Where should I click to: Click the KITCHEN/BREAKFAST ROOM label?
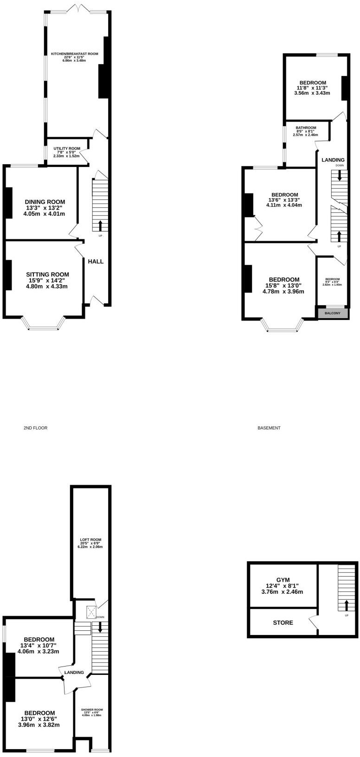(75, 54)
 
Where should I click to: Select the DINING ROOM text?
(45, 202)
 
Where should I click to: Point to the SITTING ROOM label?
(47, 274)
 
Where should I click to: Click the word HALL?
(96, 262)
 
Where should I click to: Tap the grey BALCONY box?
(333, 313)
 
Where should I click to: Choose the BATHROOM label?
(306, 128)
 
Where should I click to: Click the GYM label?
(283, 580)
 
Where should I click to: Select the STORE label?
(283, 622)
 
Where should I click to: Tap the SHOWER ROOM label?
(92, 710)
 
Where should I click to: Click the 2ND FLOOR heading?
(35, 428)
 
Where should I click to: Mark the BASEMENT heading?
(269, 428)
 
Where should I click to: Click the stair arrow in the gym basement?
(346, 605)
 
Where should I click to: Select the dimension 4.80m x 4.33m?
(47, 287)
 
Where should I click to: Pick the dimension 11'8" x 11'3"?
(312, 87)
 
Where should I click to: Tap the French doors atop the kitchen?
(79, 9)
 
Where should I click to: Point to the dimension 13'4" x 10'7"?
(39, 645)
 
